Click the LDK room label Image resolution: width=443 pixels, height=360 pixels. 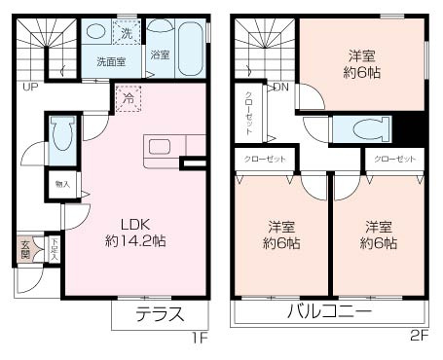pyautogui.click(x=135, y=220)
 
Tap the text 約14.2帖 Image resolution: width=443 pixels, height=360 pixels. pyautogui.click(x=135, y=239)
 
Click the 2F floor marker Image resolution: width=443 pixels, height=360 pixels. pyautogui.click(x=420, y=338)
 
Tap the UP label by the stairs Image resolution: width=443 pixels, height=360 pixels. pyautogui.click(x=30, y=89)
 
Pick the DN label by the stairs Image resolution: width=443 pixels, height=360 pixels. pyautogui.click(x=280, y=89)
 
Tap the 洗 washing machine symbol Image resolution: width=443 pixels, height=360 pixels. pyautogui.click(x=128, y=35)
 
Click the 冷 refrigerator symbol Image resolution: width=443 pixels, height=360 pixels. pyautogui.click(x=128, y=97)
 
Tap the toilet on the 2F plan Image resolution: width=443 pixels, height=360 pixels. pyautogui.click(x=361, y=129)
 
